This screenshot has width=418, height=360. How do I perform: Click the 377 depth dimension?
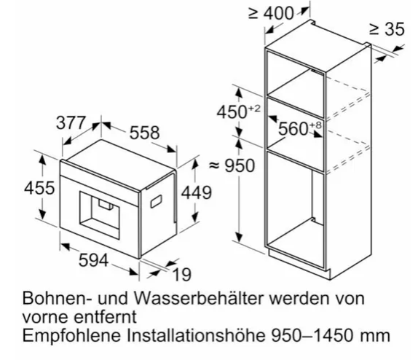(71, 122)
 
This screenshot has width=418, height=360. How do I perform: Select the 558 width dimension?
(145, 133)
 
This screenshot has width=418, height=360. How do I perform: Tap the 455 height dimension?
(39, 188)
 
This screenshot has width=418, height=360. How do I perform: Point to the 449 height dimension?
(197, 192)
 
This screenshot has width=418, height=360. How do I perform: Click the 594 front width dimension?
(93, 260)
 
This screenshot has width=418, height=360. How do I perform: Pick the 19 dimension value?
(182, 274)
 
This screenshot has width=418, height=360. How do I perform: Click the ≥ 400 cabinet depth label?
(271, 13)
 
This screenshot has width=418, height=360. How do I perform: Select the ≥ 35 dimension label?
(387, 29)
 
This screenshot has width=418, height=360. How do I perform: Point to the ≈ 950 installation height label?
(232, 165)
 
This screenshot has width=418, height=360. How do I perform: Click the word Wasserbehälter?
(199, 298)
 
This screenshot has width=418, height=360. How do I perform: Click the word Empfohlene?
(71, 335)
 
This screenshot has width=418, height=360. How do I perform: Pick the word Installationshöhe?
(196, 335)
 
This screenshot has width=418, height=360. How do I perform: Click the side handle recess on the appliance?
(157, 201)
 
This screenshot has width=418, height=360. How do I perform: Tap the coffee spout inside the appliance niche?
(106, 203)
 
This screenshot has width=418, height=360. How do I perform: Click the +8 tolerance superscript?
(316, 125)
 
